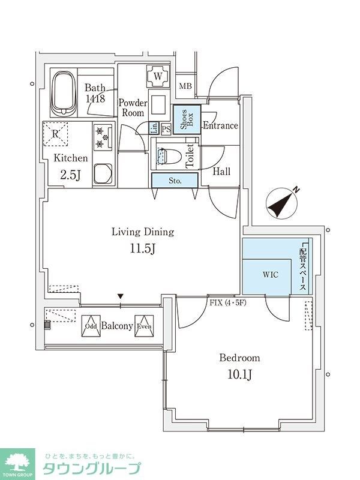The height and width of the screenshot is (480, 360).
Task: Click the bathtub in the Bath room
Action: (64, 94)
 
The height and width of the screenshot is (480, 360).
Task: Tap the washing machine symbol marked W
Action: (158, 76)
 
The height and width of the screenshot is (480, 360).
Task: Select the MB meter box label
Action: (185, 86)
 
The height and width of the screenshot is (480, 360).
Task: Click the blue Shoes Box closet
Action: (187, 119)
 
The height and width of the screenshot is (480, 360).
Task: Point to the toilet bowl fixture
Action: (169, 155)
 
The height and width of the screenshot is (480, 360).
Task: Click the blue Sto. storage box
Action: (175, 181)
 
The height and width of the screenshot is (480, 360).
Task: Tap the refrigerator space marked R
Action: (55, 134)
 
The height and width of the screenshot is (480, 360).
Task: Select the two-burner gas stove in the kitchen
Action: (103, 137)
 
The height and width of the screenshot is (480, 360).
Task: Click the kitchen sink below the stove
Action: (103, 173)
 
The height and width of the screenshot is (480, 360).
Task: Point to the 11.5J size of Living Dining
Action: (143, 248)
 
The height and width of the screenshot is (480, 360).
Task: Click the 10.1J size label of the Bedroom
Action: (239, 374)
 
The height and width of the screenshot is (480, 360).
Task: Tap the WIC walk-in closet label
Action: (271, 275)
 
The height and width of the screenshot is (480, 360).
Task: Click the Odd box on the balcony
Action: (91, 326)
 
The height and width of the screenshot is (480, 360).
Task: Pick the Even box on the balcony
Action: (144, 326)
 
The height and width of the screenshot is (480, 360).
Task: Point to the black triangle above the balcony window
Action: (121, 296)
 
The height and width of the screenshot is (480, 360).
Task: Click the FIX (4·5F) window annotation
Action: (228, 303)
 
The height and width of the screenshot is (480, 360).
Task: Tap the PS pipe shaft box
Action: (166, 129)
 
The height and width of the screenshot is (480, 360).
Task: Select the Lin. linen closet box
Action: (154, 128)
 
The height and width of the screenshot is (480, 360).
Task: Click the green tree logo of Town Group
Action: (17, 462)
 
